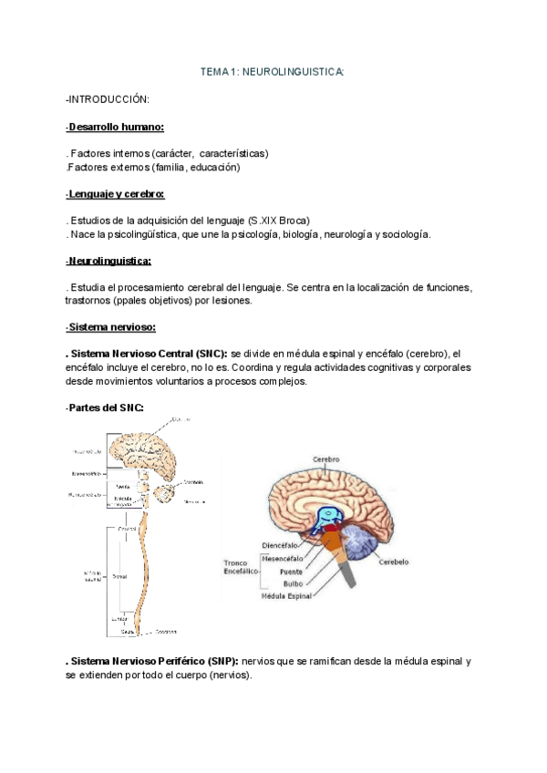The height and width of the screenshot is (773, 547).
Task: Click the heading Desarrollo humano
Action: coord(115,127)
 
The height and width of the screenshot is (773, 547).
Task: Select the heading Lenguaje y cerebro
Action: coord(115,194)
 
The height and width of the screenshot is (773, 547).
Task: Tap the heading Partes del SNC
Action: coord(105,407)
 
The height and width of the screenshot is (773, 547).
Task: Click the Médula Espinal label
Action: coord(287,596)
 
